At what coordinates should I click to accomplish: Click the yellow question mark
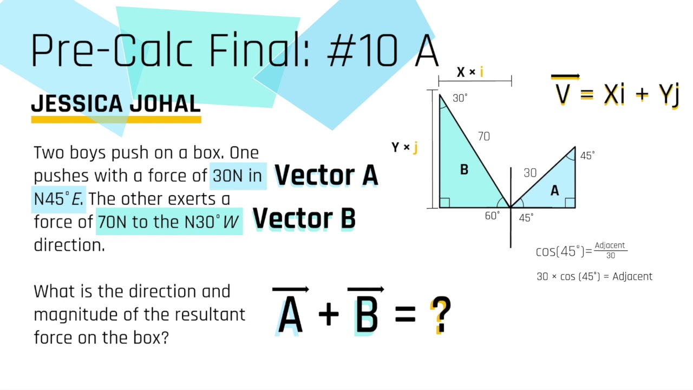coord(441,315)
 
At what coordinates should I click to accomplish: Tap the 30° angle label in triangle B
coord(460,98)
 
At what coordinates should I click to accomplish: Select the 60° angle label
coord(492,216)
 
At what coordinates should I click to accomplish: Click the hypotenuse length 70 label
coord(483,136)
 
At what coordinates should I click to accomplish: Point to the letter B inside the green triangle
coord(464,170)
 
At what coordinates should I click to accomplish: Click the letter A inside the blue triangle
coord(554,191)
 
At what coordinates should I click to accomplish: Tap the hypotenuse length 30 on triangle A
coord(530,173)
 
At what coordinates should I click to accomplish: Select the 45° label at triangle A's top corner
coord(587,155)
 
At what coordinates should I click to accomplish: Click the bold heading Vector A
coord(326,175)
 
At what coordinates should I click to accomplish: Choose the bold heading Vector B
coord(304,218)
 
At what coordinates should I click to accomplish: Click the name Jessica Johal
coord(116,103)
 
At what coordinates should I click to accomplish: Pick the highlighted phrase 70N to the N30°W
coord(169,222)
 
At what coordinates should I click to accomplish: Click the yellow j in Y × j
coord(415,147)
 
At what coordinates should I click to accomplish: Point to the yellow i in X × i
coord(481,72)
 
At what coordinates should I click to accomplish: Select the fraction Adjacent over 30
coord(610,250)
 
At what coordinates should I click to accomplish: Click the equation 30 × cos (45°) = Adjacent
coord(594,276)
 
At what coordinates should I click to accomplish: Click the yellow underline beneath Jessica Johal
coord(116,119)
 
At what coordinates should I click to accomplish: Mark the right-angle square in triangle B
coord(444,203)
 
